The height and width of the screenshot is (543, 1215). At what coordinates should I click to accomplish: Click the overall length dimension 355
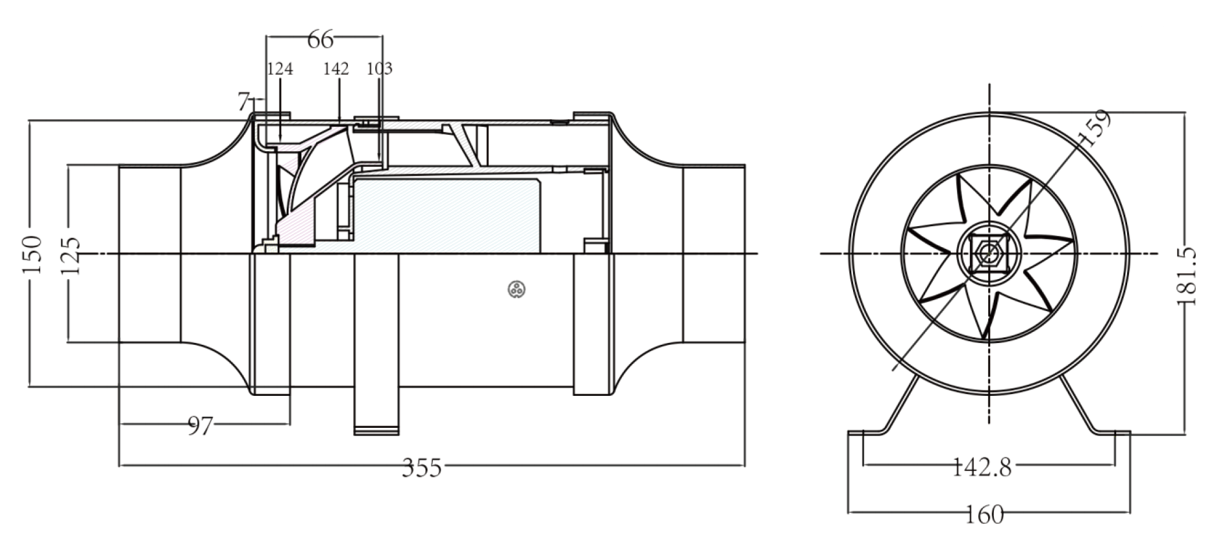(x=422, y=467)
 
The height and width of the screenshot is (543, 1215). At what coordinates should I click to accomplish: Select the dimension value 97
(x=201, y=426)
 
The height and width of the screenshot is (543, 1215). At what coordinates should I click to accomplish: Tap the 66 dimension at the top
(x=321, y=40)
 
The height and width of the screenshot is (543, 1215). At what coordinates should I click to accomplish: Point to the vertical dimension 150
(x=33, y=254)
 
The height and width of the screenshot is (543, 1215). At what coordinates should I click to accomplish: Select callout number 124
(x=280, y=69)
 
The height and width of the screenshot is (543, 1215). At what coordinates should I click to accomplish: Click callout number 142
(x=336, y=69)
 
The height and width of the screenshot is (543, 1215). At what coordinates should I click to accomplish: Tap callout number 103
(x=379, y=69)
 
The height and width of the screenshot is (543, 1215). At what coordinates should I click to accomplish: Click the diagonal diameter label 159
(x=1095, y=127)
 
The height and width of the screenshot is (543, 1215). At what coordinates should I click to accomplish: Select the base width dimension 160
(x=985, y=515)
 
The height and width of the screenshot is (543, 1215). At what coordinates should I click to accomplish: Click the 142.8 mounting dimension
(x=983, y=467)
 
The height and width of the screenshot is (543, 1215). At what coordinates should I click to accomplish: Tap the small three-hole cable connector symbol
(x=517, y=289)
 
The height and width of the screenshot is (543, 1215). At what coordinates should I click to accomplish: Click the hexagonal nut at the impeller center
(x=989, y=253)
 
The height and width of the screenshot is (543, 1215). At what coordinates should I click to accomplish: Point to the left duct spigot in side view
(x=150, y=254)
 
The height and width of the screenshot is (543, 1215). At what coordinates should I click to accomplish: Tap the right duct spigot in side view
(x=713, y=254)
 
